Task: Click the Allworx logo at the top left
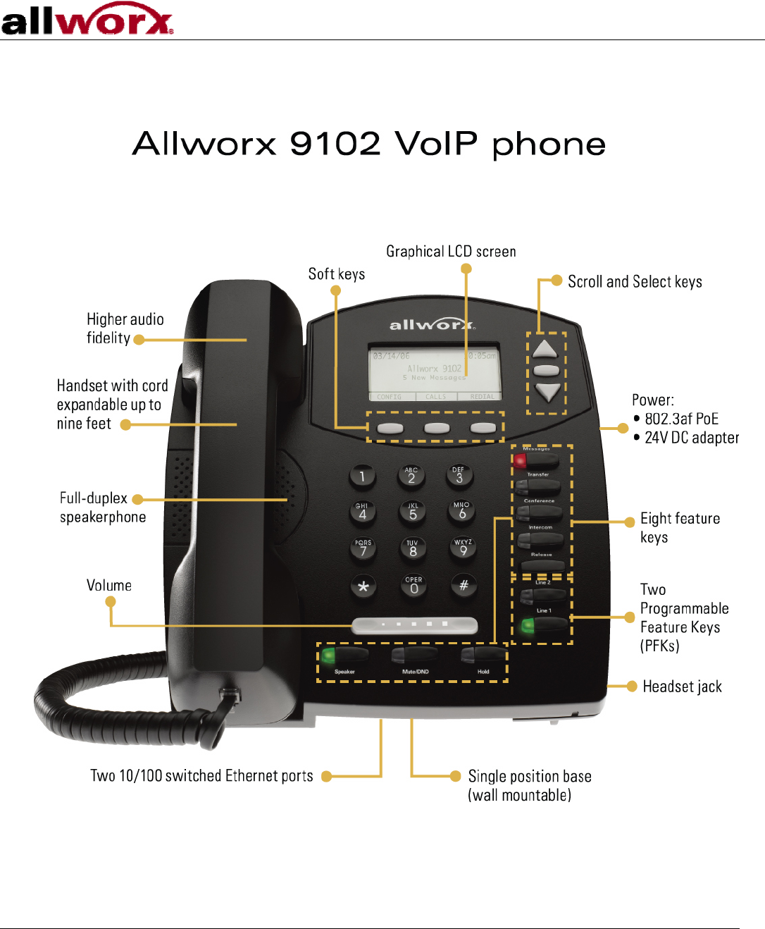point(87,20)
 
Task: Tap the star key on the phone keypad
point(363,586)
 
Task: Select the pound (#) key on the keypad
point(464,585)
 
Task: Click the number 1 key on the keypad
point(362,477)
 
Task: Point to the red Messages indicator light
point(520,461)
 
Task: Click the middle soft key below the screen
point(437,428)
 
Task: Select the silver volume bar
point(415,625)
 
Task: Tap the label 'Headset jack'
point(682,687)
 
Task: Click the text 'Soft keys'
point(337,274)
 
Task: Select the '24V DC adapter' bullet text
point(692,438)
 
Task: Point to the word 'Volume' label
point(109,586)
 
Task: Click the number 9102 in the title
point(335,144)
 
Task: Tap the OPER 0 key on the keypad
point(413,586)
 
